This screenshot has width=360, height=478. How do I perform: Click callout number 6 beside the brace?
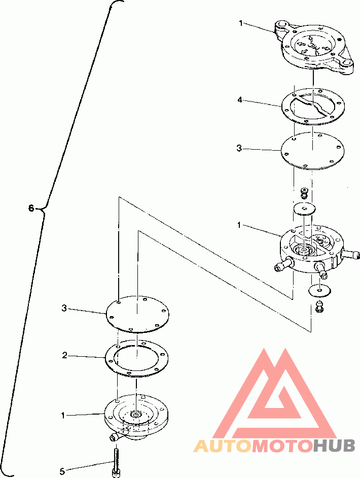(31, 209)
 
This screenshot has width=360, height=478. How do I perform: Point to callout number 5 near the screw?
(62, 471)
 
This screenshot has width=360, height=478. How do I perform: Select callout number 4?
(240, 99)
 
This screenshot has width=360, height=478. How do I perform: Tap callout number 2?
(64, 355)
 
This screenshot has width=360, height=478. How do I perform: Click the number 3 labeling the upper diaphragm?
(239, 148)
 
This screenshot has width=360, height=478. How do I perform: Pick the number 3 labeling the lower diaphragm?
(64, 308)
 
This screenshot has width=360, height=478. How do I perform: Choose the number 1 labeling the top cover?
(241, 23)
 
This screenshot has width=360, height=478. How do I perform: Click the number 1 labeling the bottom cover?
(63, 415)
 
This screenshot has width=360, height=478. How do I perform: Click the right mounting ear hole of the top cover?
(346, 63)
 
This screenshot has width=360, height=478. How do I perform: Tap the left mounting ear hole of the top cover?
(280, 24)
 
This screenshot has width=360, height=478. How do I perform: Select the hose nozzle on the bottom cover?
(116, 437)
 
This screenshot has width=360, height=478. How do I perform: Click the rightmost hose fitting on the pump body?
(352, 254)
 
